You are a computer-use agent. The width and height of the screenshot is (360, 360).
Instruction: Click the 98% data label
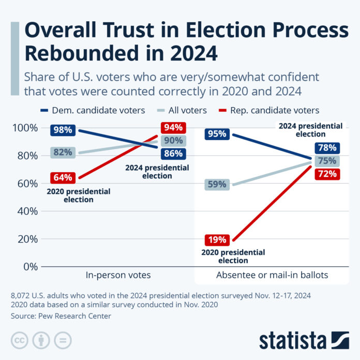pyautogui.click(x=63, y=130)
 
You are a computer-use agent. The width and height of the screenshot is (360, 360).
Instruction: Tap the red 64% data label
pyautogui.click(x=63, y=178)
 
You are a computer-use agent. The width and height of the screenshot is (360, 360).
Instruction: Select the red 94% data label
pyautogui.click(x=172, y=128)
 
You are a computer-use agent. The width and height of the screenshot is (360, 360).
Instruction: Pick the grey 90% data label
pyautogui.click(x=172, y=141)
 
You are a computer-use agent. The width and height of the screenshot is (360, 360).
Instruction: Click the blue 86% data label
pyautogui.click(x=172, y=153)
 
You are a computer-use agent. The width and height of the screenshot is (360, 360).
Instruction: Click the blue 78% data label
pyautogui.click(x=328, y=147)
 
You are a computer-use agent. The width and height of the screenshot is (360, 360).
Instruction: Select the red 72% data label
pyautogui.click(x=328, y=173)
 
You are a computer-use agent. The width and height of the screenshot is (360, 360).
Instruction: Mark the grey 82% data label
pyautogui.click(x=63, y=152)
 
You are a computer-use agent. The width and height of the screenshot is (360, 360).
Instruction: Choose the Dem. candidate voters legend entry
pyautogui.click(x=93, y=110)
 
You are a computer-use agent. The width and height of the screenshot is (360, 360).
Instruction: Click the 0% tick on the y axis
pyautogui.click(x=29, y=266)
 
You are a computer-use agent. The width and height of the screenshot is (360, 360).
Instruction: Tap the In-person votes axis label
pyautogui.click(x=118, y=275)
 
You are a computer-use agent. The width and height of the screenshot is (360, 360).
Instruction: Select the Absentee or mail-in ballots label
pyautogui.click(x=273, y=275)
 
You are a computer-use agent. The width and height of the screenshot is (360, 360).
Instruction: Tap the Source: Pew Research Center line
pyautogui.click(x=61, y=316)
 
